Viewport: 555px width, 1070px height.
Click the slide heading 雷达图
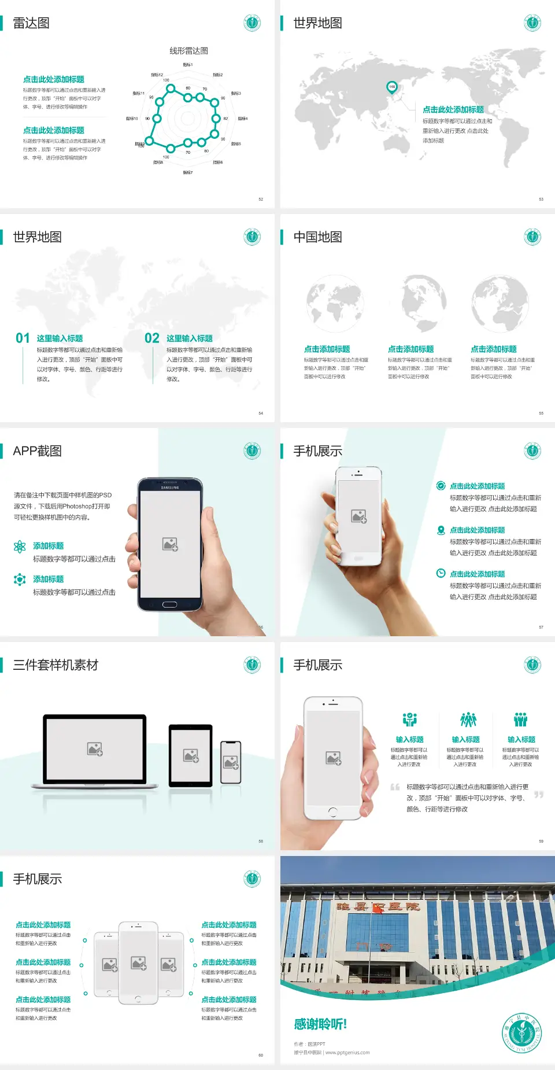(x=31, y=23)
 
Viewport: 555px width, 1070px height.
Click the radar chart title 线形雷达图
(x=188, y=51)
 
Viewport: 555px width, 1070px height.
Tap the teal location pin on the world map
(x=392, y=87)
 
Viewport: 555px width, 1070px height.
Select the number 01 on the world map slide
(x=23, y=338)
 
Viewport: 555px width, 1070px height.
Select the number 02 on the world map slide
(x=151, y=338)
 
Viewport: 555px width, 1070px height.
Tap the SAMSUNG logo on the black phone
(x=170, y=488)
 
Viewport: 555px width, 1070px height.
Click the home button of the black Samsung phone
(x=169, y=604)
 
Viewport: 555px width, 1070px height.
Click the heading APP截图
(x=37, y=451)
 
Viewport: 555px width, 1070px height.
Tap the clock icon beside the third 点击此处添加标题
(x=441, y=573)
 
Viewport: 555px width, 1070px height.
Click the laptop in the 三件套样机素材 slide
(x=95, y=750)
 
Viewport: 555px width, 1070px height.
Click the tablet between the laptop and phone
(x=191, y=755)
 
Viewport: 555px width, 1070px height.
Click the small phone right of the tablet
(x=231, y=762)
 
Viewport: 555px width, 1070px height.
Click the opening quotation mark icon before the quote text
(x=395, y=787)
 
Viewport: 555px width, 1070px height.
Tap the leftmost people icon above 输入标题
(x=409, y=720)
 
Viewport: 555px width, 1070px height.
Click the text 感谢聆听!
(x=320, y=1024)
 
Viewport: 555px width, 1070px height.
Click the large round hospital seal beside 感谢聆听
(x=522, y=1032)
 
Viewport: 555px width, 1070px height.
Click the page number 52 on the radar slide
(x=261, y=199)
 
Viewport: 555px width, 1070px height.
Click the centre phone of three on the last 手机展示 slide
(x=138, y=962)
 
